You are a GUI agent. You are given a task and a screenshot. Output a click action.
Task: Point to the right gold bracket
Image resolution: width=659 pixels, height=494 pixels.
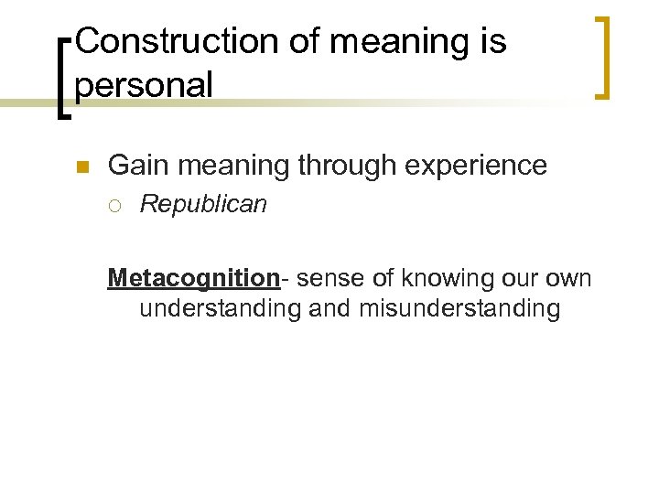point(603,57)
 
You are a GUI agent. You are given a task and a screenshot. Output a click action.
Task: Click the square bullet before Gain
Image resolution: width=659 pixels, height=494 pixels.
point(80,167)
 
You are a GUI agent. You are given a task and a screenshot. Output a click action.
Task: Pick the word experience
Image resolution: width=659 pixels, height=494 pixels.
point(478,166)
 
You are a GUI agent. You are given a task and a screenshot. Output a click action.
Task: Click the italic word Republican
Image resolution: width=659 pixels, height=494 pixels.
point(202,204)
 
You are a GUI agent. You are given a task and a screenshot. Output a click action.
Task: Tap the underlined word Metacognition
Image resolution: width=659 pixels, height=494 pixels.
point(192,277)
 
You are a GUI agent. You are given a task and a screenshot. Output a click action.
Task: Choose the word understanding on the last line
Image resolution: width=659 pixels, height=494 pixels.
point(220,308)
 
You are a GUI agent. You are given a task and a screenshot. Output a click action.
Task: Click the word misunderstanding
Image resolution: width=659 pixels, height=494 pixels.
point(459,308)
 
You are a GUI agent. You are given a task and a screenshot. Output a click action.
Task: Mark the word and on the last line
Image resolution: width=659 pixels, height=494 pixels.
point(329,308)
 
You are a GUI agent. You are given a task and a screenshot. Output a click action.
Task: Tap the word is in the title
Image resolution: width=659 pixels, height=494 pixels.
point(492,42)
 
